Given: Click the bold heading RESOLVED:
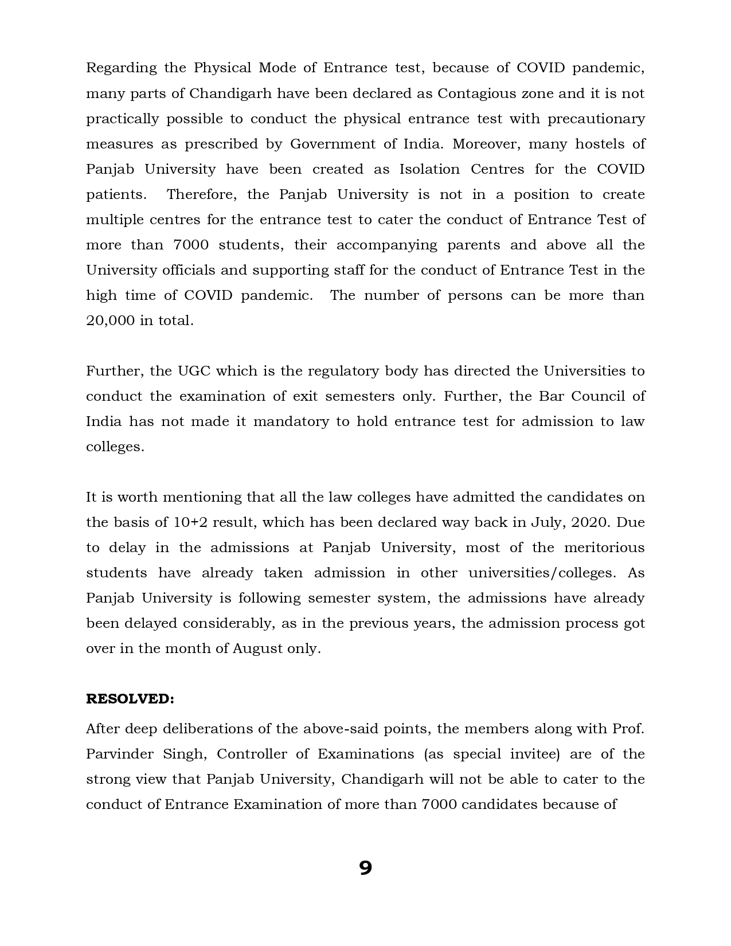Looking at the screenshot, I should click(x=130, y=699).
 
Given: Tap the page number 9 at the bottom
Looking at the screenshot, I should click(x=365, y=868).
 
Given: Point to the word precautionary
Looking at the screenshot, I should click(x=596, y=119).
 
